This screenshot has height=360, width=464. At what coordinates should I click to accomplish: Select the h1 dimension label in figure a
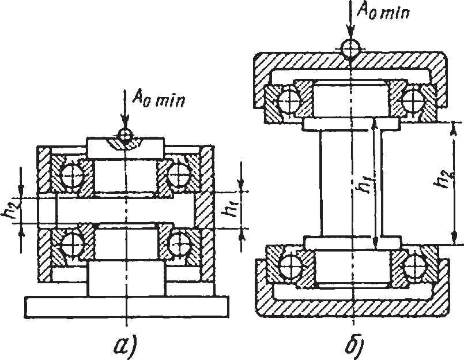tap(229, 210)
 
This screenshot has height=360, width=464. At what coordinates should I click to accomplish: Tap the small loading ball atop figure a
tap(125, 135)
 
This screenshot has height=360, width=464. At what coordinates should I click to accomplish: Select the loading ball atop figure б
tap(350, 48)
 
